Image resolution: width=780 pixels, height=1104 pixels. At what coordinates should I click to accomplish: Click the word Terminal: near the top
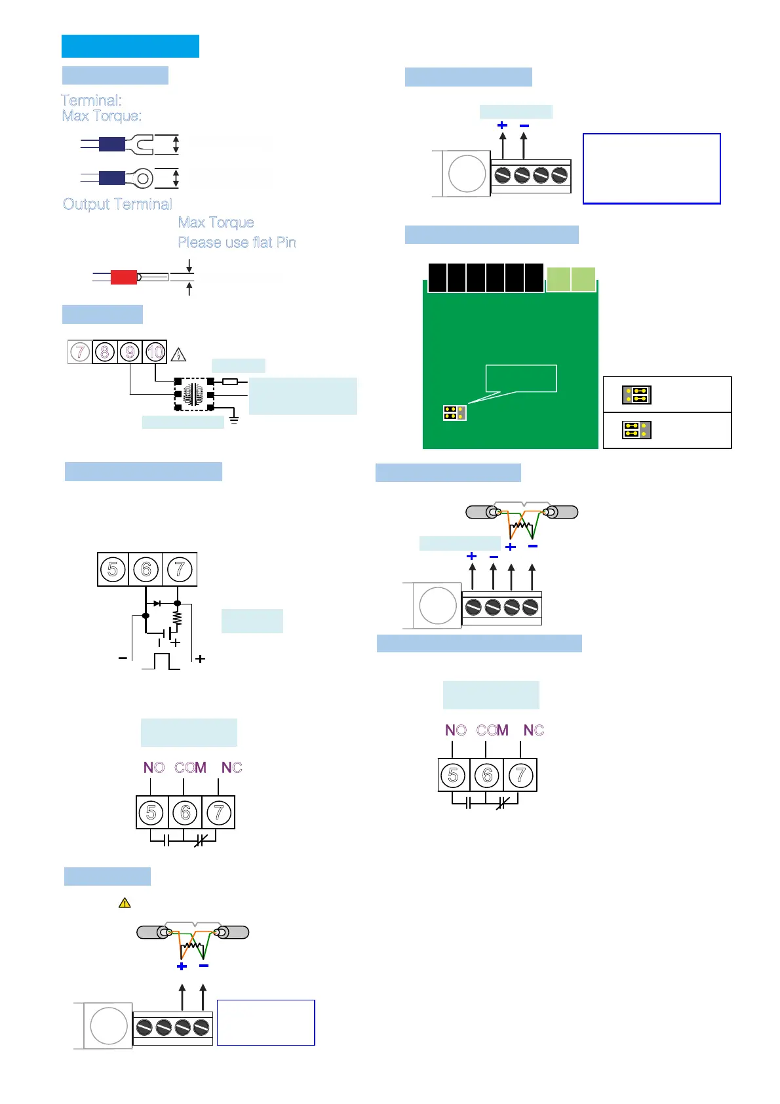(92, 100)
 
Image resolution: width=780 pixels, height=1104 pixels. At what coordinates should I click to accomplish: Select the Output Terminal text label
(117, 204)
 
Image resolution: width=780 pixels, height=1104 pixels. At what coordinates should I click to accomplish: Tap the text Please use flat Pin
(237, 243)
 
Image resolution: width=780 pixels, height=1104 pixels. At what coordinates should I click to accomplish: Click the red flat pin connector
(123, 277)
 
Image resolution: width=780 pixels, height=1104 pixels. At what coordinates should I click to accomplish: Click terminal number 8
(105, 352)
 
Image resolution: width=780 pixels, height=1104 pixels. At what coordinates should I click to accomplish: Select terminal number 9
(130, 352)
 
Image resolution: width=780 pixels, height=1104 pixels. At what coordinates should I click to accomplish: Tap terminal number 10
(155, 352)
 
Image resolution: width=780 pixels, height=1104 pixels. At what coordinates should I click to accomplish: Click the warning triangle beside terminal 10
(178, 355)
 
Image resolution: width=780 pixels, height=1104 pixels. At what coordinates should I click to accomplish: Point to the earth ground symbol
(234, 418)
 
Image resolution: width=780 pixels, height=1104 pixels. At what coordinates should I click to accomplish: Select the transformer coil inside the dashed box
(194, 395)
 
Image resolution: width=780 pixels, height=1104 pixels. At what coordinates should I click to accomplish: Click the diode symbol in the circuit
(157, 603)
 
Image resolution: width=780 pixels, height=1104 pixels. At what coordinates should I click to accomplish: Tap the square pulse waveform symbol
(161, 661)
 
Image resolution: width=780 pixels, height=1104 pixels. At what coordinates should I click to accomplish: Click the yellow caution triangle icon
(125, 903)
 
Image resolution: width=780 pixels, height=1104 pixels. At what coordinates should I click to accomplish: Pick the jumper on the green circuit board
(454, 413)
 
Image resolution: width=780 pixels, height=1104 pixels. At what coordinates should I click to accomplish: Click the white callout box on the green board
(521, 378)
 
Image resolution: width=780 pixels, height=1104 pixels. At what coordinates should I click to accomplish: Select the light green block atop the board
(571, 279)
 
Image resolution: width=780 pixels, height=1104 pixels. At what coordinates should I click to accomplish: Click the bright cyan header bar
(130, 47)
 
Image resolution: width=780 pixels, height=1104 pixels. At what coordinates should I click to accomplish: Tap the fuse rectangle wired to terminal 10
(230, 381)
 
